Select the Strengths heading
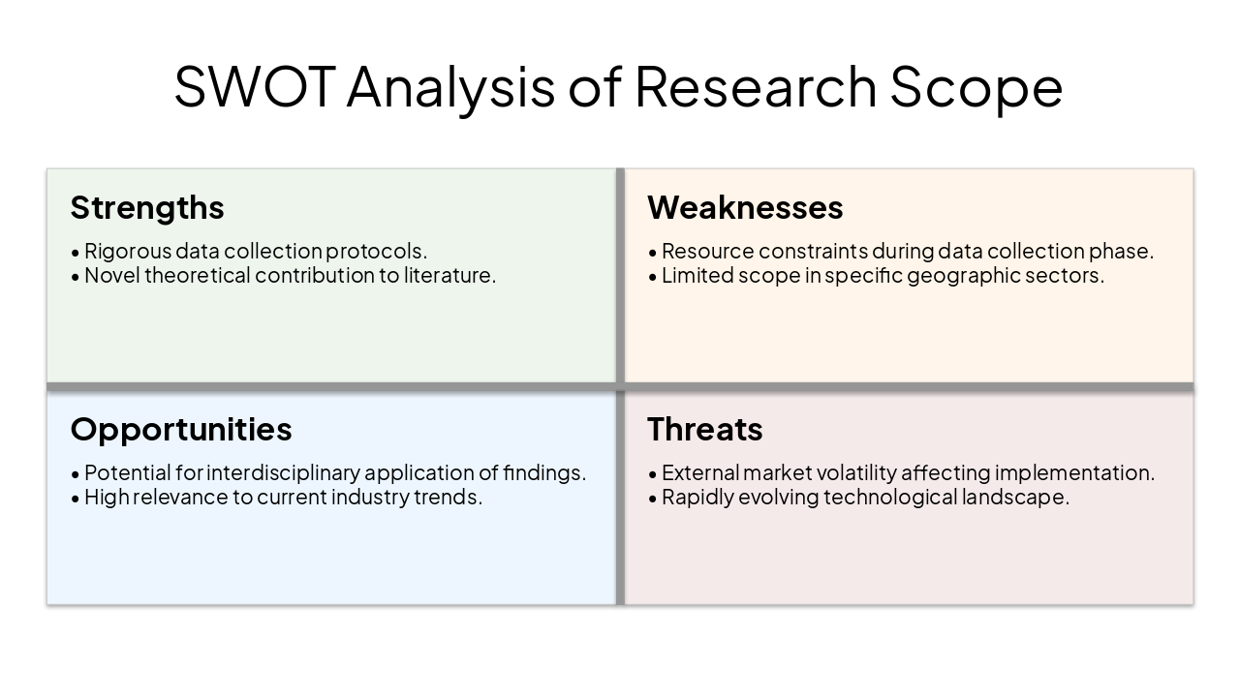tap(147, 207)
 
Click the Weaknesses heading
tap(745, 207)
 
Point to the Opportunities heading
tap(181, 429)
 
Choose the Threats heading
tap(704, 429)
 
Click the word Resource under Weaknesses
tap(706, 252)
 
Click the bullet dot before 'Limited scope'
tap(653, 277)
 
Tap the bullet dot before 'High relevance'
tap(76, 499)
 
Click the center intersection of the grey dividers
tap(620, 387)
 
